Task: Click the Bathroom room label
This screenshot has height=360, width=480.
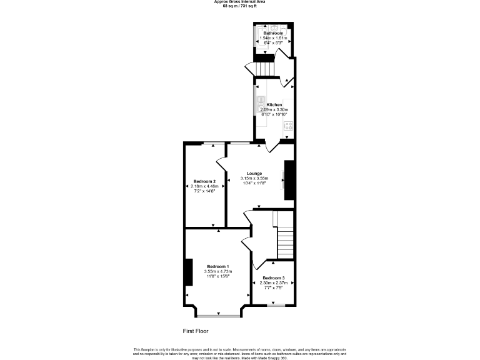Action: coord(272,32)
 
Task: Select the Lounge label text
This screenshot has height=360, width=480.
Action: coord(254,173)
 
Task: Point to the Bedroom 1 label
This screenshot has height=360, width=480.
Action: coord(219,266)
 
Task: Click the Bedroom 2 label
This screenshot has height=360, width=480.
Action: coord(204,181)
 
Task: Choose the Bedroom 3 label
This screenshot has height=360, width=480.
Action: coord(273,277)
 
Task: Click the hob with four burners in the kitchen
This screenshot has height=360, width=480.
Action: coord(288,126)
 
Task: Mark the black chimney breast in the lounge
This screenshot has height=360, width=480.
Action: coord(289,181)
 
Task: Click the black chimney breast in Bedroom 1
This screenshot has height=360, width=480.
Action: coord(187,272)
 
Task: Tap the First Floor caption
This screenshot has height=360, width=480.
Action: coord(195,331)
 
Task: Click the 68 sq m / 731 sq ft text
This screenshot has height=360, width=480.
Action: coord(239,6)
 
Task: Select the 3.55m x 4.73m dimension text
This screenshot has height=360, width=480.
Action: coord(219,272)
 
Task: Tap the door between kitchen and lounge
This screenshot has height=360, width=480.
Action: coord(270,147)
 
